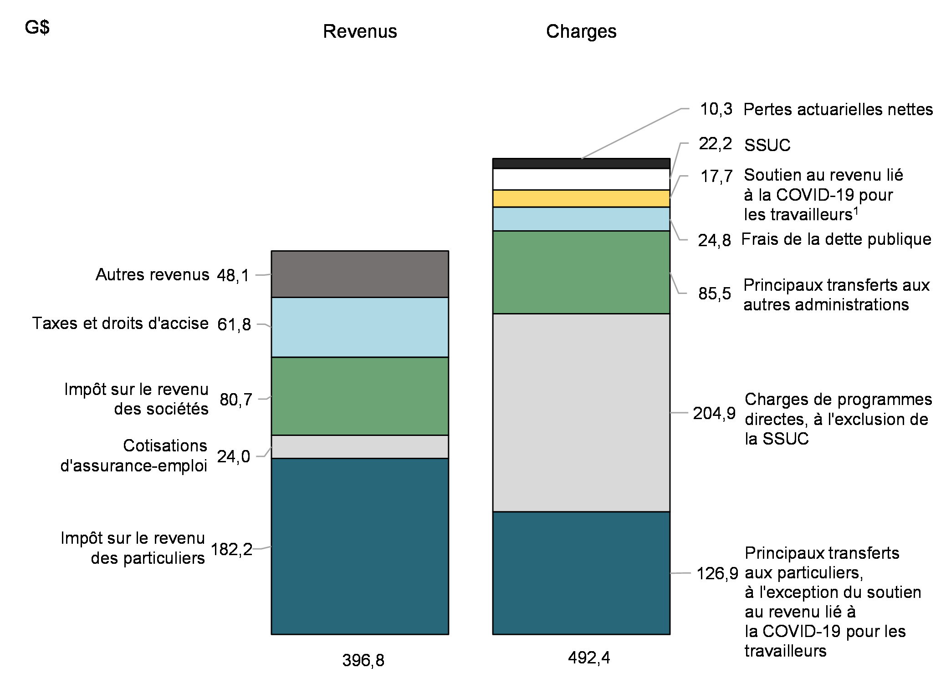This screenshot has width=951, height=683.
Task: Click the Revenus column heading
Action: coord(360,31)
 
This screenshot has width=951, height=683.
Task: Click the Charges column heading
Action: coord(581,31)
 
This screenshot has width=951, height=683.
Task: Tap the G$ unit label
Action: coord(37,28)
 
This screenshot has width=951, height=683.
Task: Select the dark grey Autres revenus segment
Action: coord(360,274)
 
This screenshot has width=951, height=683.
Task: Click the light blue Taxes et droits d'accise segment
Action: coord(360,327)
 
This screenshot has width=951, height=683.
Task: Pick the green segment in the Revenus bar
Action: coord(360,396)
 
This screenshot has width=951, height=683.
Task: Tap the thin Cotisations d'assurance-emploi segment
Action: coord(360,447)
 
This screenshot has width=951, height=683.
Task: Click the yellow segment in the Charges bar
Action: coord(581,199)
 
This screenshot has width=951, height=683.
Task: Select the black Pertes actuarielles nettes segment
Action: coord(581,163)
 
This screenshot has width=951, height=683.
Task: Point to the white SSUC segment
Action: coord(581,179)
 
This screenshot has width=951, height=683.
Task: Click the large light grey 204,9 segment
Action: coord(581,412)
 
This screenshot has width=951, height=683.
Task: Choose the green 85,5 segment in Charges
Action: coord(581,272)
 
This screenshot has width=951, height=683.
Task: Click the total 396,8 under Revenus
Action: coord(363,660)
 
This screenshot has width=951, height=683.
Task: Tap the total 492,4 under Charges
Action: coord(588,658)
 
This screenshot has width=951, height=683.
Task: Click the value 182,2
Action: coord(231,550)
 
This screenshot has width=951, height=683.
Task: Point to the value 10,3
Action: coord(716,109)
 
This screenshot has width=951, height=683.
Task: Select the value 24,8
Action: coord(714,240)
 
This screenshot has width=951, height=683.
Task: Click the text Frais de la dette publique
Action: coord(836,239)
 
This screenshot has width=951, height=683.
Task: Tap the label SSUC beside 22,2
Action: coord(767,145)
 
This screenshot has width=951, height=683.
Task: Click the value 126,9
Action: coord(717,573)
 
